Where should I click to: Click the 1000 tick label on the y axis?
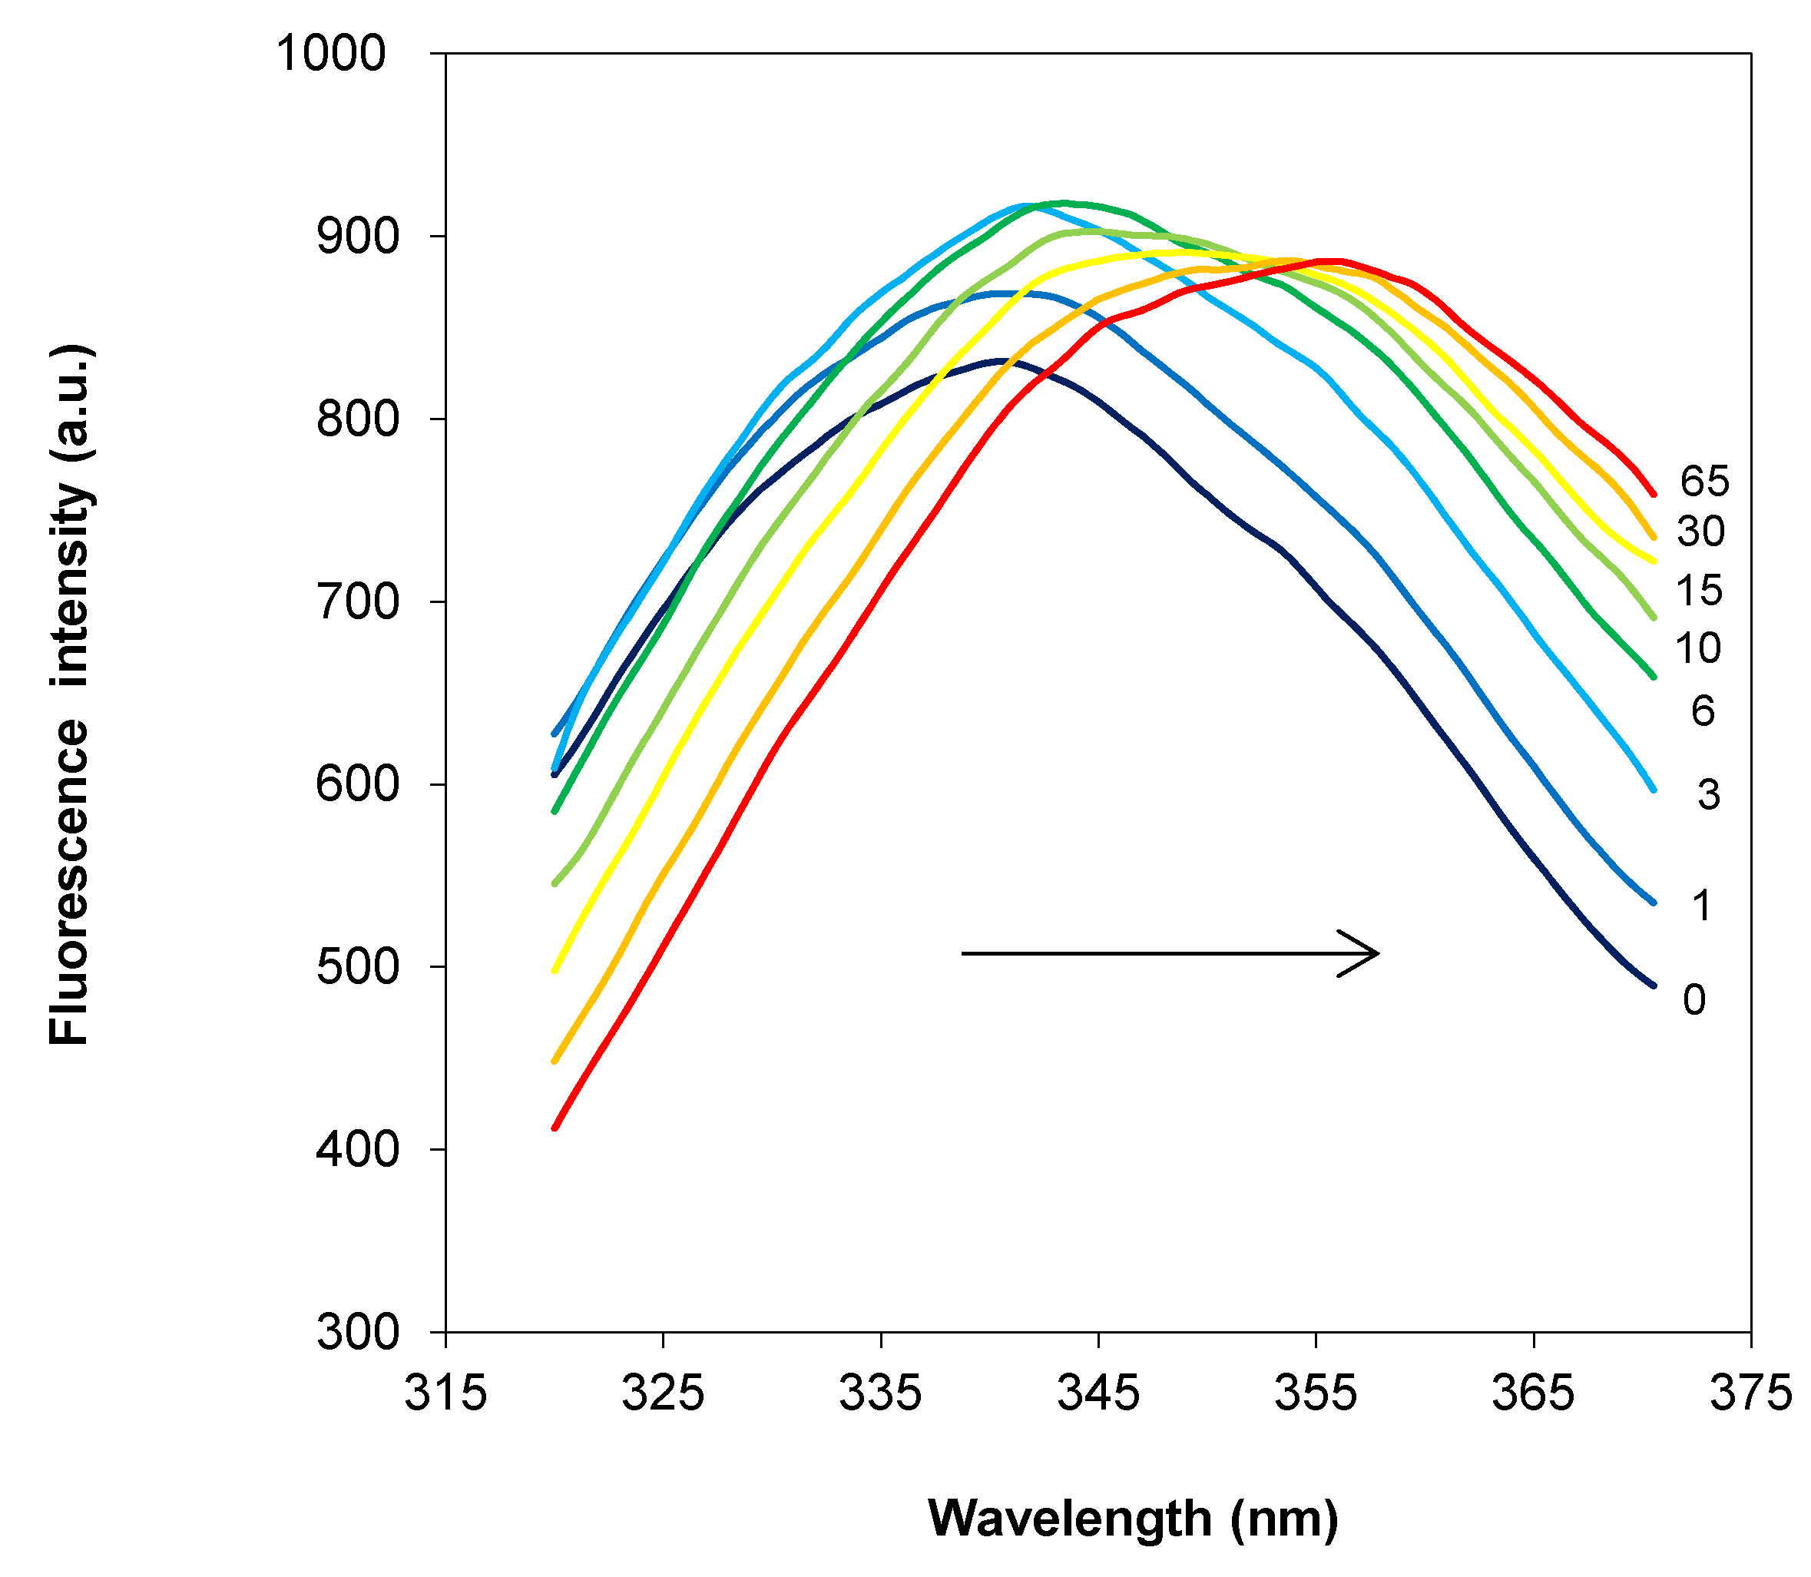pos(331,55)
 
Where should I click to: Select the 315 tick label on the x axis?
pos(445,1393)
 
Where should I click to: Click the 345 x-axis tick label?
pos(1098,1393)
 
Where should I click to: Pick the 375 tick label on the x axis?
pos(1750,1393)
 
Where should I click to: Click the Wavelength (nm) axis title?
pos(1133,1518)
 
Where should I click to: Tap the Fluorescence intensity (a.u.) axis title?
pos(68,695)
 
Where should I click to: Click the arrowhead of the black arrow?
pos(1375,953)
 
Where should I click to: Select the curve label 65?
pos(1704,482)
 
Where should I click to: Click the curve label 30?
pos(1700,532)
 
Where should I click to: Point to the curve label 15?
pos(1698,591)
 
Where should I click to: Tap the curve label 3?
pos(1708,796)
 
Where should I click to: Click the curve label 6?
pos(1703,711)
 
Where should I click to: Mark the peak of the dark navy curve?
pos(998,360)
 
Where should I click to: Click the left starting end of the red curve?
pos(555,1128)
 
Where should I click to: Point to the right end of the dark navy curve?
pos(1654,986)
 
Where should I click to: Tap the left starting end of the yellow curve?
pos(555,971)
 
